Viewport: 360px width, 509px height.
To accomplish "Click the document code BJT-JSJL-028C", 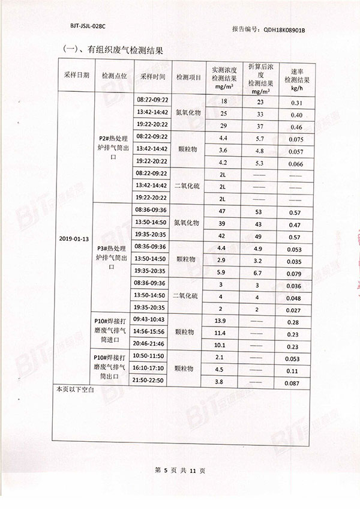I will pyautogui.click(x=88, y=28).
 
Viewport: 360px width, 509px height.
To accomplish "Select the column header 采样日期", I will pyautogui.click(x=76, y=76).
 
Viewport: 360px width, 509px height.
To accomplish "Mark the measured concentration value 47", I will pyautogui.click(x=223, y=212).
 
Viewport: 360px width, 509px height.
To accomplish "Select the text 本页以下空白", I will pyautogui.click(x=71, y=391).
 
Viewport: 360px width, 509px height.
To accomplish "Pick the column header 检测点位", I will pyautogui.click(x=114, y=76).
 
